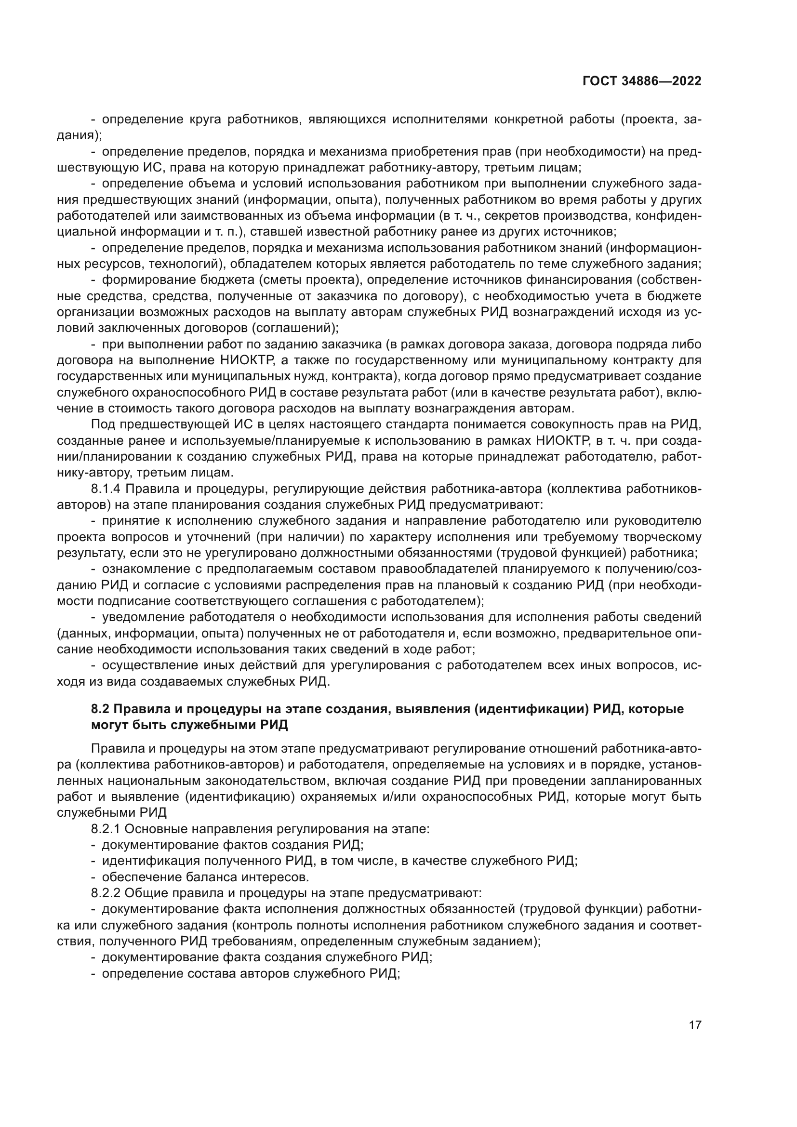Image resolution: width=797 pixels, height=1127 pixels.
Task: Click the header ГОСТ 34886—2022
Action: coord(641,81)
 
